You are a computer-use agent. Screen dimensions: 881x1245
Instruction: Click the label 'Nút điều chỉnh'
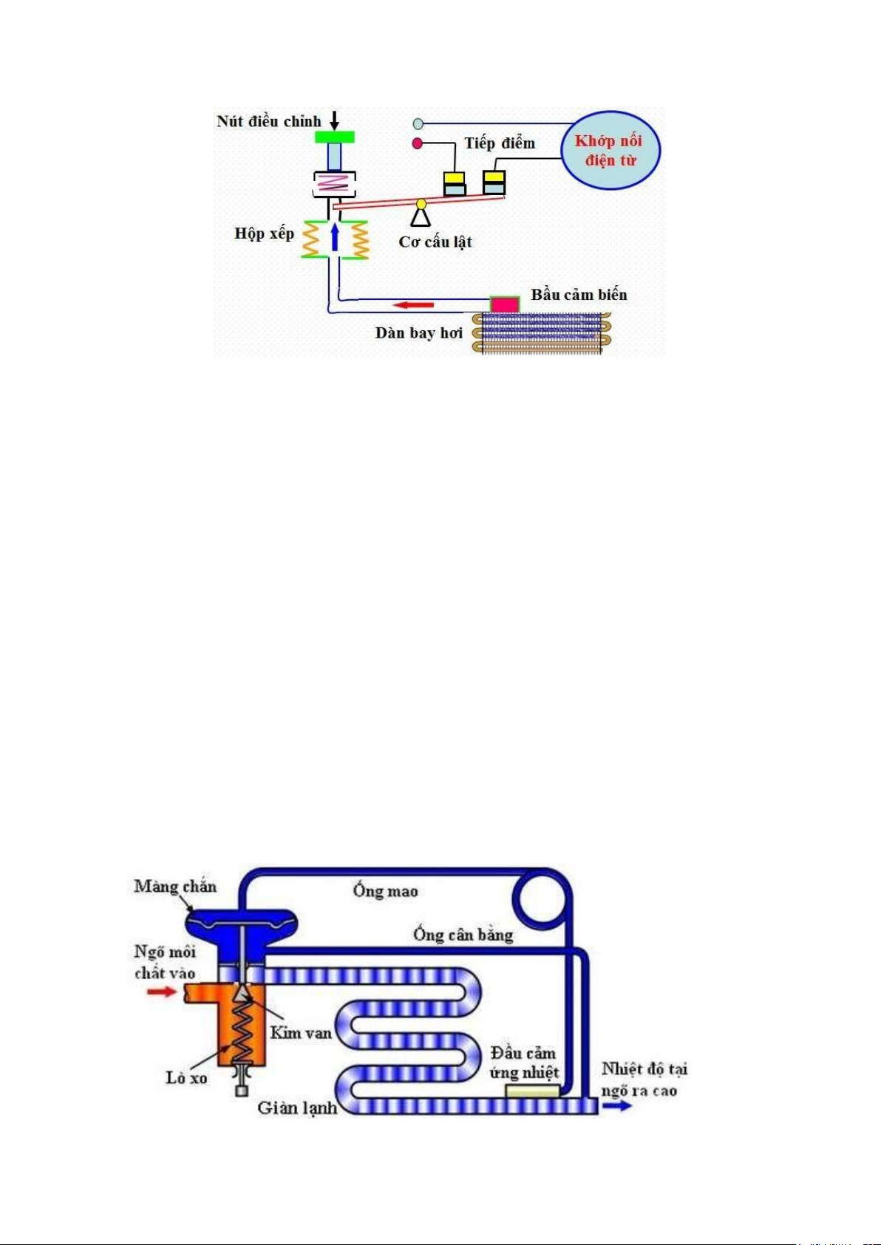click(x=269, y=121)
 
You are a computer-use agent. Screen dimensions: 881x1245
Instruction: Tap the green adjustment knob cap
click(x=335, y=137)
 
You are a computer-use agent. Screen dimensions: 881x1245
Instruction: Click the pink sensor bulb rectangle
click(x=505, y=304)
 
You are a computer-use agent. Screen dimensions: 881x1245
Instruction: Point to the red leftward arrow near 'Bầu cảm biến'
click(x=414, y=304)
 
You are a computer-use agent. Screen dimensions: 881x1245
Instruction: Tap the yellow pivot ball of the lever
click(x=421, y=204)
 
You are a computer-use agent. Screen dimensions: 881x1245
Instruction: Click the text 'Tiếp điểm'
click(x=500, y=143)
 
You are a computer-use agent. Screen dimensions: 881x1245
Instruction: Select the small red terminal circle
click(x=418, y=143)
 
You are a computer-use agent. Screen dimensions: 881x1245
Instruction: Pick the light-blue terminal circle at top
click(x=418, y=123)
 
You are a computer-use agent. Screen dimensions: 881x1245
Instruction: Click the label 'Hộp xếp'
click(x=264, y=233)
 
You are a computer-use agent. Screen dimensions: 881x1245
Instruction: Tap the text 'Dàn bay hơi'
click(x=419, y=333)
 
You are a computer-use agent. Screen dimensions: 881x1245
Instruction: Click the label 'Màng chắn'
click(x=175, y=886)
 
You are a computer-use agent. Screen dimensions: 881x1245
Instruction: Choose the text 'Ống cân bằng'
click(x=463, y=935)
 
